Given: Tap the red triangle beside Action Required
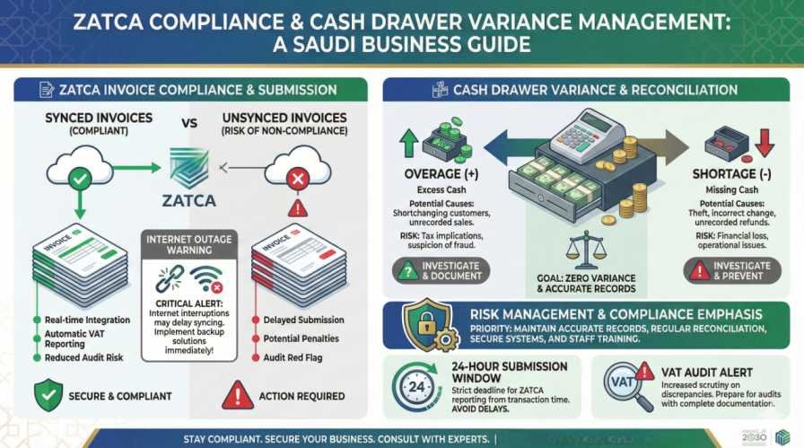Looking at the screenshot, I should pos(237,394).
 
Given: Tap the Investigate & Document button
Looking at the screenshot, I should pos(441,270).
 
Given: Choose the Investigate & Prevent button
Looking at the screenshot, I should pos(730,270).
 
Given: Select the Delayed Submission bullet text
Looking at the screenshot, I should pos(303,320).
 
